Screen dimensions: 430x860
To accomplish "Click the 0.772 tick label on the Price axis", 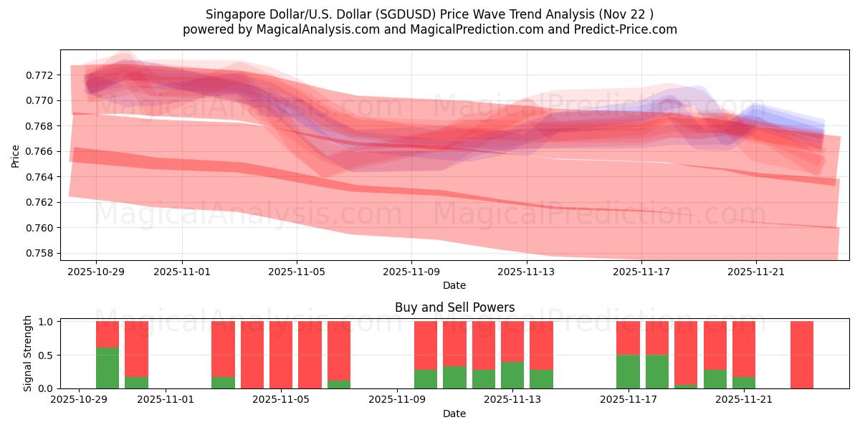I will [39, 75].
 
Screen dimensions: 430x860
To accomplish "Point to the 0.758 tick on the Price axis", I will [39, 253].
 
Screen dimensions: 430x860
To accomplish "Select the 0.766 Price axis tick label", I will [39, 151].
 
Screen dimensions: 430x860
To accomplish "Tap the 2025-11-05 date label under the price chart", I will [297, 272].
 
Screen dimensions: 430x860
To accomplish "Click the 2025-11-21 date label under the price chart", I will [755, 272].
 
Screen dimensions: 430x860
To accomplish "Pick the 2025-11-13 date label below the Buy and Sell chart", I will [512, 399].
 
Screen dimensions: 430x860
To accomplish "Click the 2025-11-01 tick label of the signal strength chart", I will [166, 399].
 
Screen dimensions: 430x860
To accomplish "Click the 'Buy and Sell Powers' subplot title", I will [454, 307].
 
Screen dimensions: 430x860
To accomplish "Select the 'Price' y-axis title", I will [16, 156].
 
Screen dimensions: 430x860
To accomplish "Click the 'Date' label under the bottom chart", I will [454, 414].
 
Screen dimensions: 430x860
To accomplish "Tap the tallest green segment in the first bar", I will [107, 368].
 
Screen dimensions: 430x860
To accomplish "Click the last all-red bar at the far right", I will [802, 355].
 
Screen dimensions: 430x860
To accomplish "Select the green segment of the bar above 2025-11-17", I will [628, 371].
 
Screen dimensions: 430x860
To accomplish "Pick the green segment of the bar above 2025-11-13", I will [512, 375].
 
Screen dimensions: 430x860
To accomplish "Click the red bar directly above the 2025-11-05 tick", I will [281, 355].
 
